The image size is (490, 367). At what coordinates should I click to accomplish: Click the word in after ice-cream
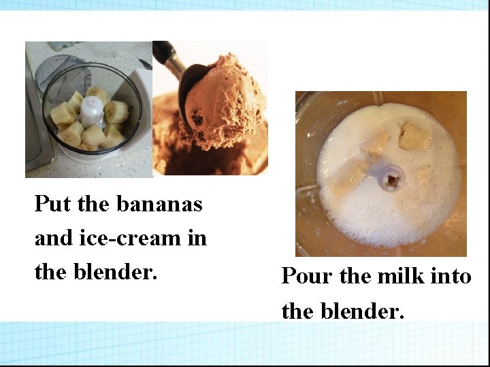[197, 238]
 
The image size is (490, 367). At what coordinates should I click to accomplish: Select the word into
[451, 277]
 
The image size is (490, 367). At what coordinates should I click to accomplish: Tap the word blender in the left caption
[115, 272]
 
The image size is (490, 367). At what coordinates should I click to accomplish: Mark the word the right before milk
[353, 277]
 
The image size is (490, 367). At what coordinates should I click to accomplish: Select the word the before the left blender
[50, 272]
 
